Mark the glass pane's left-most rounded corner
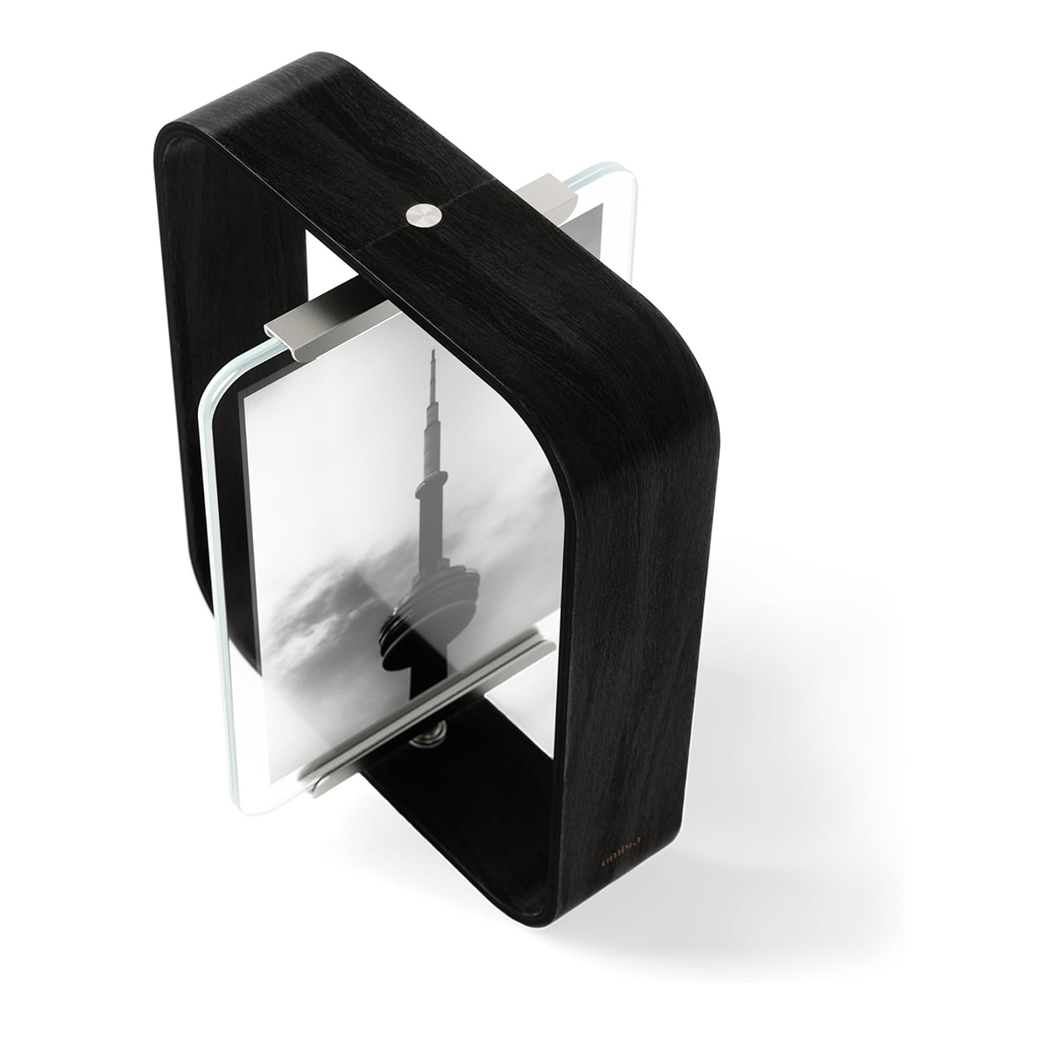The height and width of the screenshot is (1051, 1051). (x=210, y=403)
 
